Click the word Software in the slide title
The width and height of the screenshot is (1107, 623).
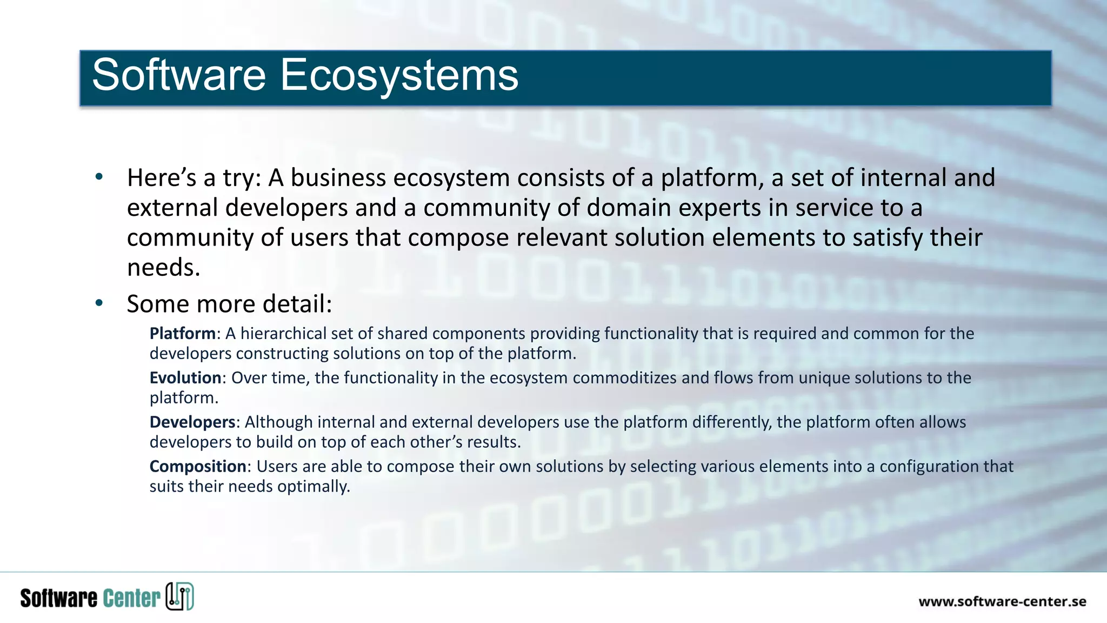[179, 75]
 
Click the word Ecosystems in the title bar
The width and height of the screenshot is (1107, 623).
[399, 75]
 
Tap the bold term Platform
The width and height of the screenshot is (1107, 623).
[182, 334]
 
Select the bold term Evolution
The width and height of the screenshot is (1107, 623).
[185, 378]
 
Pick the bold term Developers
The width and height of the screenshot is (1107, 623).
[192, 422]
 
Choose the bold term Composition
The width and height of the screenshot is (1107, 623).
[197, 467]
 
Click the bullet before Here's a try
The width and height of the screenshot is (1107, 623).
[98, 177]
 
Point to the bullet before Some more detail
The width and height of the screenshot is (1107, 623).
[98, 303]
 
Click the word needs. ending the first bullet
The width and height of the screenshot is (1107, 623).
[163, 268]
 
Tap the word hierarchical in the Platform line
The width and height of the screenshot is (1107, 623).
[283, 334]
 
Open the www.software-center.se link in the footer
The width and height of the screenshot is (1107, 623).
[1002, 602]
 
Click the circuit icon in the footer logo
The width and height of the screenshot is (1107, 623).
[179, 597]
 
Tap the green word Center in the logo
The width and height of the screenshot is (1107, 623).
[131, 598]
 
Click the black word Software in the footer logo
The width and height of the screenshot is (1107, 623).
[58, 598]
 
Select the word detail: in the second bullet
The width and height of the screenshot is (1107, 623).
[297, 304]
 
